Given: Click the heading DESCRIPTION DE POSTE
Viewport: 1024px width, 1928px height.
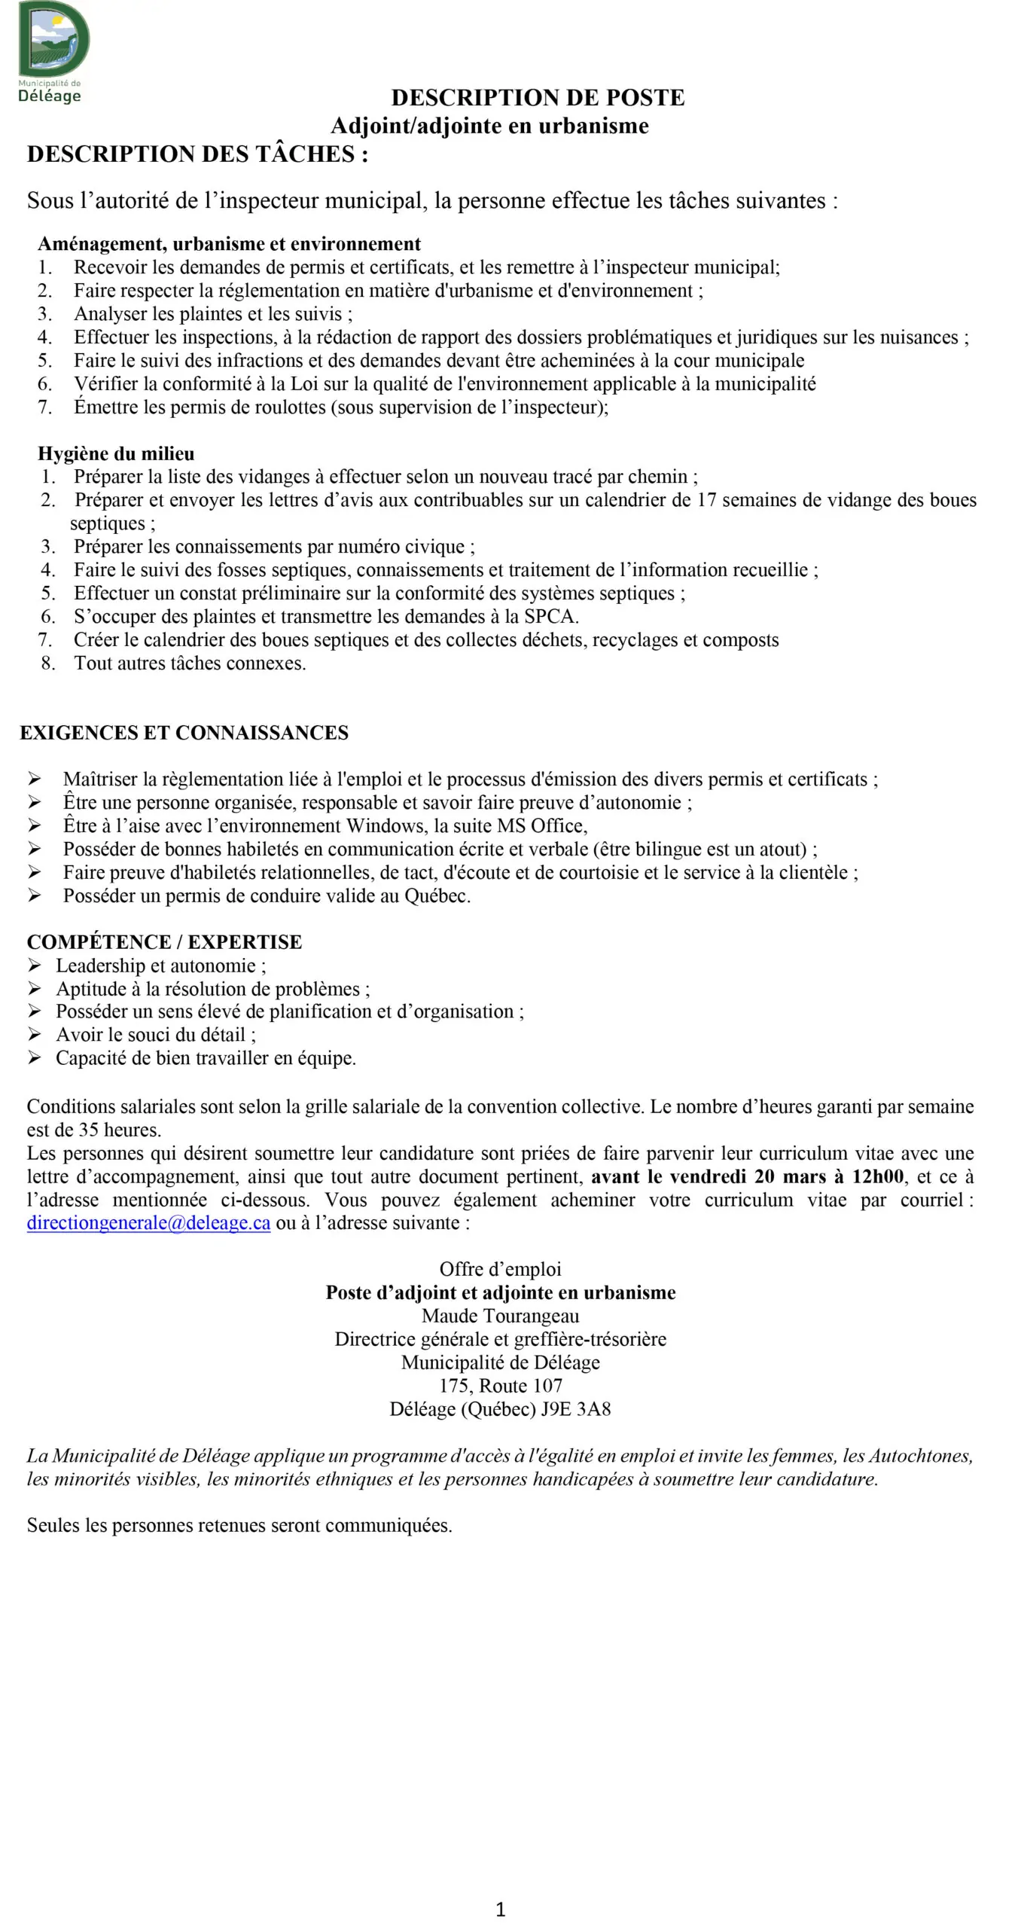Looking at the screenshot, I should click(538, 97).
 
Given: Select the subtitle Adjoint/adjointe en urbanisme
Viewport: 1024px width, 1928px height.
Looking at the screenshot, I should click(489, 126).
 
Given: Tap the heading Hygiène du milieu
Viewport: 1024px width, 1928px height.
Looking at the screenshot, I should click(116, 453).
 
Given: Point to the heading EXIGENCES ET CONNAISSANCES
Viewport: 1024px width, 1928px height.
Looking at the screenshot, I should click(184, 733).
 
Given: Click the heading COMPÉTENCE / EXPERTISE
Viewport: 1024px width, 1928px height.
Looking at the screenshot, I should click(164, 942).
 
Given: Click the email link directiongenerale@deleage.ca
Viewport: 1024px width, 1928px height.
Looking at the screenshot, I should click(148, 1223).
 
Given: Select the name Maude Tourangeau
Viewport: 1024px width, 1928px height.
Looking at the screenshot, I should click(501, 1316).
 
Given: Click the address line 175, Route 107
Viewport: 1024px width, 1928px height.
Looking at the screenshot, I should click(501, 1386).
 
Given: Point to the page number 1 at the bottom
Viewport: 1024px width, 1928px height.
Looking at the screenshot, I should click(501, 1909).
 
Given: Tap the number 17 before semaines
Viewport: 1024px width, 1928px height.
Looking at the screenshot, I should click(706, 500).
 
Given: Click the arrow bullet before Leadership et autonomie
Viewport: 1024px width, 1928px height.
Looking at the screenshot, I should click(35, 966).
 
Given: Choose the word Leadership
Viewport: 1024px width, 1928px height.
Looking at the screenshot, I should click(100, 966).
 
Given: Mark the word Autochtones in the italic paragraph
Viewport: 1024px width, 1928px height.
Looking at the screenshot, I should click(919, 1456).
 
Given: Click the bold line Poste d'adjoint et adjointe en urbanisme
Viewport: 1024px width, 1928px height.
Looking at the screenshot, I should click(501, 1292).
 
